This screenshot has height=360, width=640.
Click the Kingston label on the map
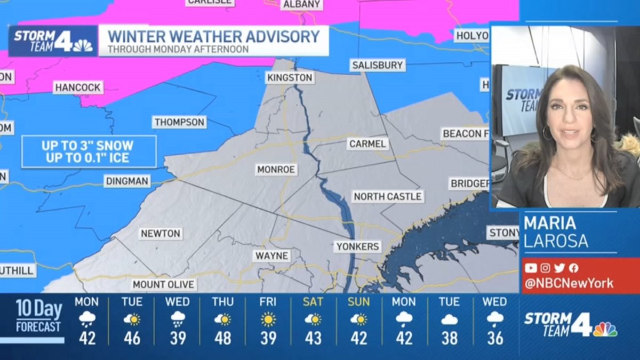click(x=290, y=77)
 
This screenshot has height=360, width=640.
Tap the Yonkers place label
click(x=357, y=246)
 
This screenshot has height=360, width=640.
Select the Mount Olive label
click(x=164, y=284)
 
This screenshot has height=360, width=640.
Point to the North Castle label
click(x=388, y=196)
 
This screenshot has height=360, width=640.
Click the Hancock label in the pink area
click(x=78, y=87)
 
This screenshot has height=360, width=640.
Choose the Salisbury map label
click(x=378, y=65)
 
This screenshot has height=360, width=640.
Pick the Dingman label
click(x=127, y=181)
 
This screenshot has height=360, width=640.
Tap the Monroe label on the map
click(x=276, y=170)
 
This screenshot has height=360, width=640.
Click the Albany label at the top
click(x=302, y=4)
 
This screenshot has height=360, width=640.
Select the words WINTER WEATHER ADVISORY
click(x=213, y=36)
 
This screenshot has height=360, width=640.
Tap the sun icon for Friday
click(x=268, y=319)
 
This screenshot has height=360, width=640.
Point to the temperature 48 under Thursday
click(x=223, y=338)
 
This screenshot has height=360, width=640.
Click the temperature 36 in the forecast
click(x=495, y=338)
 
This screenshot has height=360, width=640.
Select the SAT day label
click(x=313, y=302)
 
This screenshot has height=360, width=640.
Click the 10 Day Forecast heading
click(x=38, y=316)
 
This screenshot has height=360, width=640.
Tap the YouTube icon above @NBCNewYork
click(x=530, y=268)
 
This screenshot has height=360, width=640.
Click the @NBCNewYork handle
click(x=569, y=283)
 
